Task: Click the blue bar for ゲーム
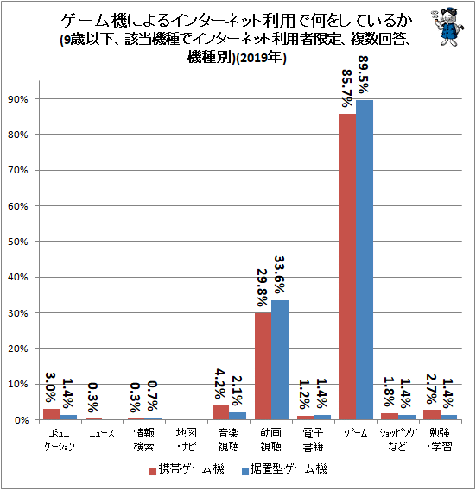(365, 260)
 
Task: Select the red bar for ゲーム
(347, 267)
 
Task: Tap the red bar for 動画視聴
(263, 367)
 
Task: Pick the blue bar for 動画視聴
(280, 360)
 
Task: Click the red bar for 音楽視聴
(220, 412)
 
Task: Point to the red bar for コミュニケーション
(52, 414)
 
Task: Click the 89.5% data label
(363, 75)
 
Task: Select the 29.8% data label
(262, 287)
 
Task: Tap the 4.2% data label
(220, 384)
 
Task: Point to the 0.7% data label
(152, 396)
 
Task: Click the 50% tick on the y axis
(18, 242)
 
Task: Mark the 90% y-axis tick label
(18, 99)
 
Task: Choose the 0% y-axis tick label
(22, 420)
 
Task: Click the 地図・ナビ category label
(187, 440)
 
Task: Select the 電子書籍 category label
(314, 440)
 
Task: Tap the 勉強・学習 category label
(440, 440)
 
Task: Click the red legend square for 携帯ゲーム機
(153, 471)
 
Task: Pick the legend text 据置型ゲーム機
(289, 469)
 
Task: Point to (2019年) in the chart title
(261, 58)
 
